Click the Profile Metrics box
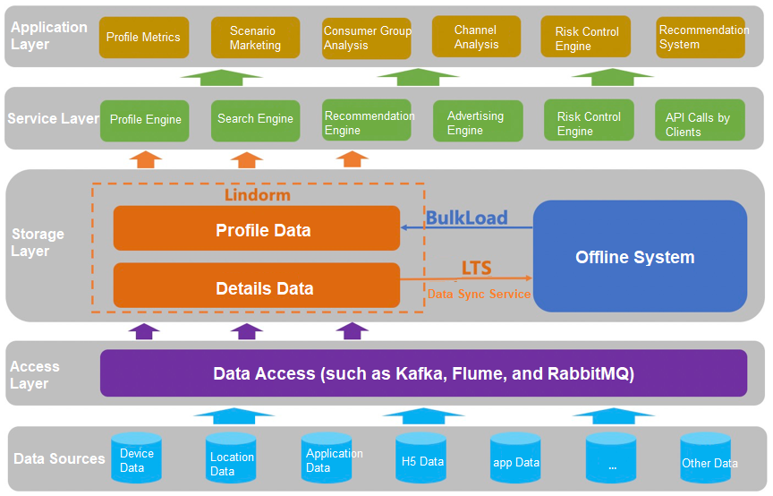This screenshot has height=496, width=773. (143, 38)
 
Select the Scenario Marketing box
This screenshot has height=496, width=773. (255, 38)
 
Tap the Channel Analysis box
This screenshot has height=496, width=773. (476, 37)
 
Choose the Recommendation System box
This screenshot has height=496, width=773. (701, 38)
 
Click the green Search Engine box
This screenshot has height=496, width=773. (255, 120)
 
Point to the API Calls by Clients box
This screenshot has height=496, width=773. (700, 124)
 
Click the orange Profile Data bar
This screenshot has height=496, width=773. (257, 229)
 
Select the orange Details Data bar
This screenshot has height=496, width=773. (257, 287)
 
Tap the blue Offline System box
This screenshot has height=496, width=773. (640, 257)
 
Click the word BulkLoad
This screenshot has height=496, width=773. (466, 218)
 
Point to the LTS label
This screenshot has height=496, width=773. (476, 269)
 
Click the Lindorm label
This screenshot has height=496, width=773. (257, 194)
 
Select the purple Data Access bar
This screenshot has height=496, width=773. (423, 373)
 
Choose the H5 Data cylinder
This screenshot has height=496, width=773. (420, 460)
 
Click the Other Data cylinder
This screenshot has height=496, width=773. (706, 460)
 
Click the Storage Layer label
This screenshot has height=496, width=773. (38, 243)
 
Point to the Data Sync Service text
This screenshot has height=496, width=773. (479, 294)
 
